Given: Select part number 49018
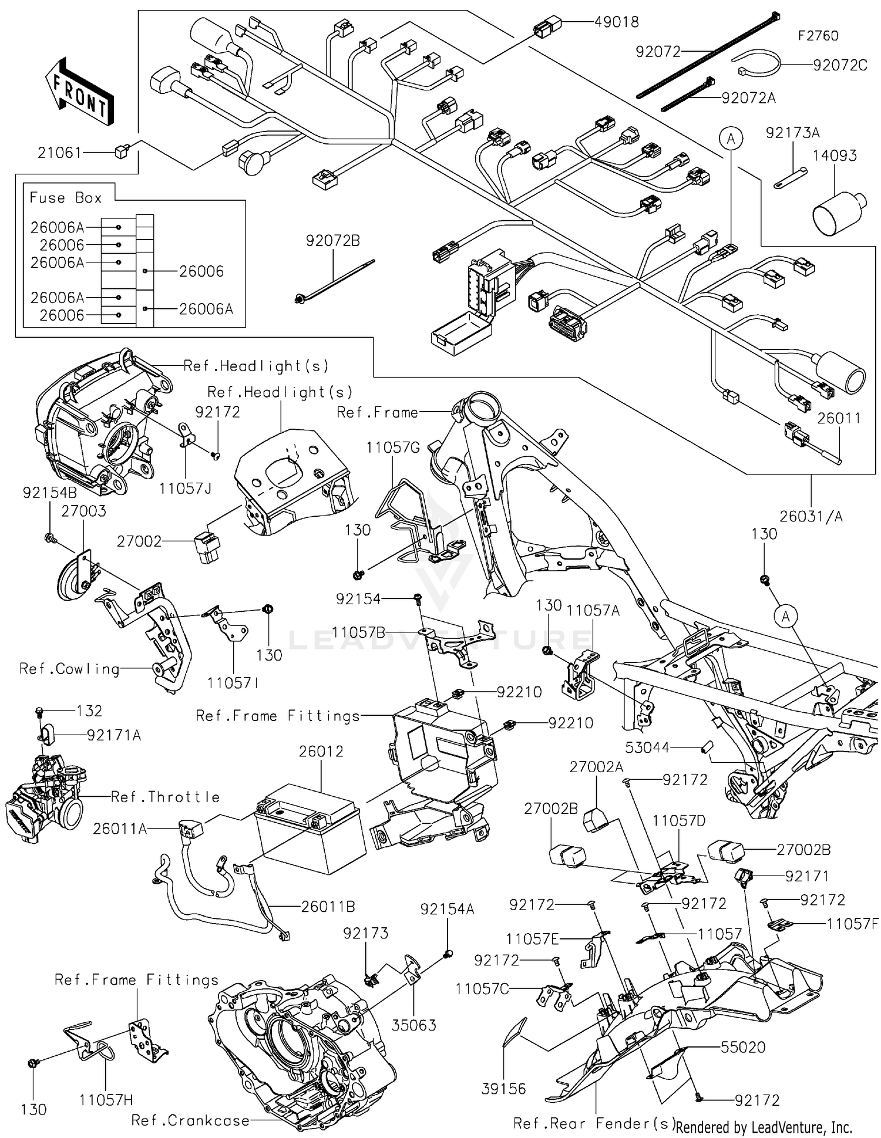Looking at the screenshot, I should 616,22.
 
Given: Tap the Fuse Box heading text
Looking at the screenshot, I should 66,197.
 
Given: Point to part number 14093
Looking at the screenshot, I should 834,156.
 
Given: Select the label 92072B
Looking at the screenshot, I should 332,240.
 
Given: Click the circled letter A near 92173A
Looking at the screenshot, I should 731,139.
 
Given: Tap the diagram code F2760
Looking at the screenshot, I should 818,36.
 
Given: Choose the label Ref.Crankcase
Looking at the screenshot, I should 190,1120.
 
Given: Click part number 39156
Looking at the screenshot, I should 503,1089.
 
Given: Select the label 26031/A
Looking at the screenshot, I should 811,516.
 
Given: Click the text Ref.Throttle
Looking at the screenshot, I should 165,797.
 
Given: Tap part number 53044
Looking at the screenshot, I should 647,748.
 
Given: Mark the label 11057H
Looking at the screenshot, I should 106,1100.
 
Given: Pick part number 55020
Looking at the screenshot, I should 743,1047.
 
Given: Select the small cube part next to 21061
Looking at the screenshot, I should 122,151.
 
